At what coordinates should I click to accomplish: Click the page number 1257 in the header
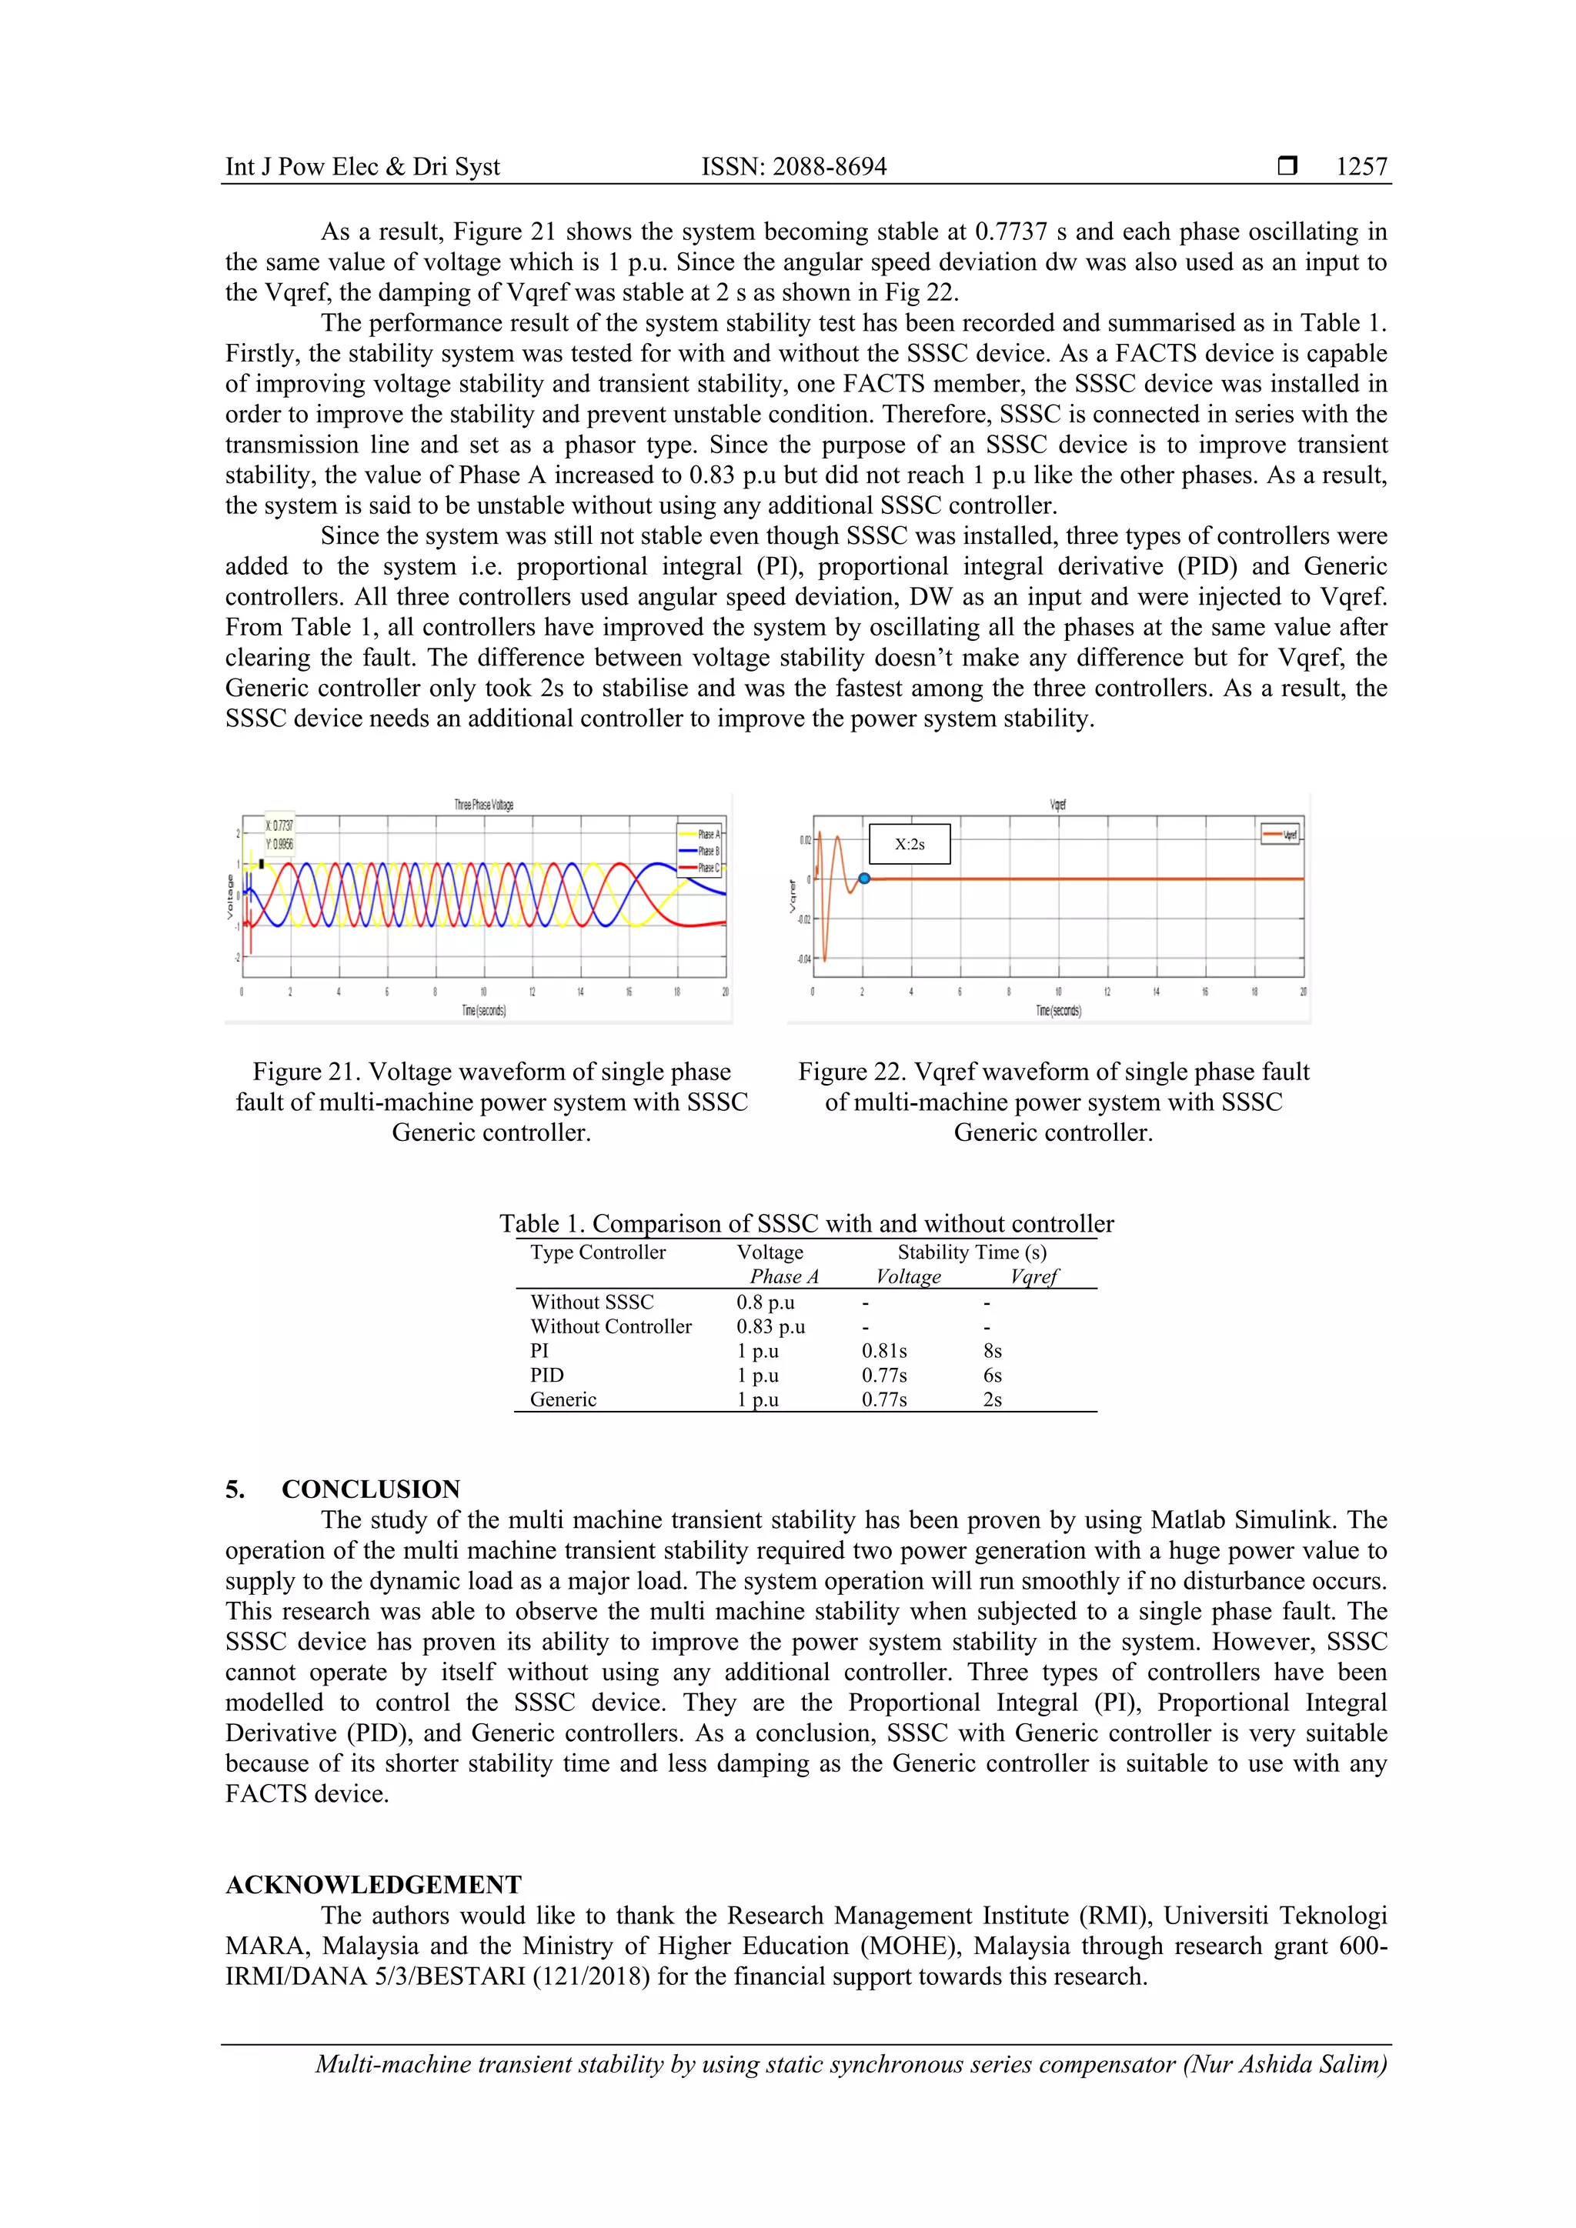click(x=1361, y=166)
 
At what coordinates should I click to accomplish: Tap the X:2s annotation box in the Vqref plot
click(x=910, y=844)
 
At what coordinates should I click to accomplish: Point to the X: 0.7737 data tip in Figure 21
click(x=279, y=825)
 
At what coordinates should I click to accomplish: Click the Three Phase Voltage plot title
click(x=483, y=805)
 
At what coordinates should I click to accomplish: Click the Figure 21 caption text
click(x=491, y=1102)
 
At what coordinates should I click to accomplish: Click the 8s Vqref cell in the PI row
click(x=992, y=1351)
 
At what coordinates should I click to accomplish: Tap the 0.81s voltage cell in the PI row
click(x=884, y=1351)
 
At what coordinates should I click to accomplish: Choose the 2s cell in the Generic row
click(x=992, y=1399)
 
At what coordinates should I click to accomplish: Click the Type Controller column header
click(x=598, y=1252)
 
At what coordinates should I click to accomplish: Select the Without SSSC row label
click(x=592, y=1302)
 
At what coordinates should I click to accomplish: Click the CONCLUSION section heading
click(x=371, y=1489)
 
